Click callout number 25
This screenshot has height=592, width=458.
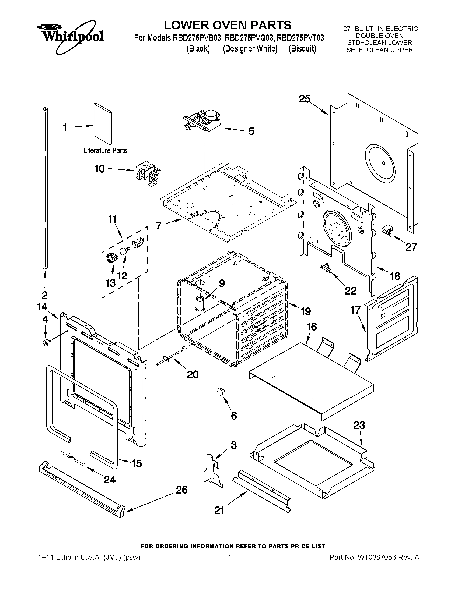click(x=305, y=99)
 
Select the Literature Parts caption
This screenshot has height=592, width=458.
click(x=105, y=150)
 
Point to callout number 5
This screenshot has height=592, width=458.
click(x=251, y=132)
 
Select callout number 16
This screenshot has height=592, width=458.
click(x=312, y=327)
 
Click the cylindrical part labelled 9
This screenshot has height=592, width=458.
click(x=200, y=303)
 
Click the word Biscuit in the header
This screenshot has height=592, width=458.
click(x=302, y=49)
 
